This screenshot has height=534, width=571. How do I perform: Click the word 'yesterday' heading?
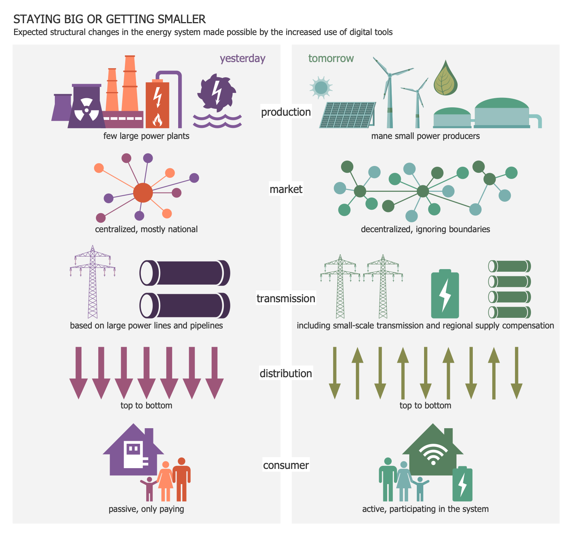pyautogui.click(x=242, y=58)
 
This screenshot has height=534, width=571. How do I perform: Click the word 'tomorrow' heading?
pyautogui.click(x=331, y=58)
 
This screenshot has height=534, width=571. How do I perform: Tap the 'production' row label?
pyautogui.click(x=286, y=112)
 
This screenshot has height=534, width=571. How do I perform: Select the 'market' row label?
pyautogui.click(x=286, y=189)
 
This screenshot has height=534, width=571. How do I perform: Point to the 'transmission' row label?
pyautogui.click(x=286, y=298)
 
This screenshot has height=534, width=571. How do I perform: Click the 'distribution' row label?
pyautogui.click(x=286, y=373)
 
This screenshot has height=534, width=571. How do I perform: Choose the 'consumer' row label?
pyautogui.click(x=286, y=465)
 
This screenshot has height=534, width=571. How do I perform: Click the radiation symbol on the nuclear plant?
pyautogui.click(x=86, y=110)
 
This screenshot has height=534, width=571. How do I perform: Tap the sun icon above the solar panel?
pyautogui.click(x=321, y=88)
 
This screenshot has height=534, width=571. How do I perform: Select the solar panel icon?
pyautogui.click(x=347, y=115)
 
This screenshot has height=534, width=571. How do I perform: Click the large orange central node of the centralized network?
pyautogui.click(x=143, y=193)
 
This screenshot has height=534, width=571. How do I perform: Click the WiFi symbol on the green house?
pyautogui.click(x=433, y=454)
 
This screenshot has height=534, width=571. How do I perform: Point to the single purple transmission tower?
pyautogui.click(x=92, y=282)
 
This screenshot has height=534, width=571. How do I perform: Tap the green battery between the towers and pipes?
pyautogui.click(x=445, y=293)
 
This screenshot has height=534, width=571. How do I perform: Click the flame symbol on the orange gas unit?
pyautogui.click(x=157, y=120)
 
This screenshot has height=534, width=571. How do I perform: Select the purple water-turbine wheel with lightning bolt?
pyautogui.click(x=217, y=92)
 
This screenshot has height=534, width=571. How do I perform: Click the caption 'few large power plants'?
pyautogui.click(x=146, y=136)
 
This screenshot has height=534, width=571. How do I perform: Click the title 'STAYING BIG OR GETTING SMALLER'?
pyautogui.click(x=110, y=19)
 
